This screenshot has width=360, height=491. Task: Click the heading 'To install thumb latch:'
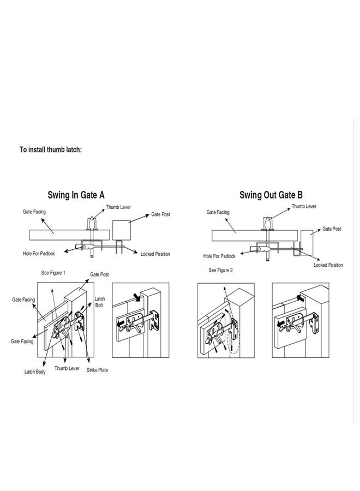pos(50,149)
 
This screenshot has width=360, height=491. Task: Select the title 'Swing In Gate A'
pos(76,195)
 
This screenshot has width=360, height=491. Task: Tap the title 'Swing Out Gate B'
pos(271,195)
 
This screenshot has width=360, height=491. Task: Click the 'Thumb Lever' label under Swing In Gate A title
pos(118,207)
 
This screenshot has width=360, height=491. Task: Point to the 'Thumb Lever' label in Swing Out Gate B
pos(304,206)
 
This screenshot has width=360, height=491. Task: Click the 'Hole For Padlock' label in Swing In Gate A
pos(39,254)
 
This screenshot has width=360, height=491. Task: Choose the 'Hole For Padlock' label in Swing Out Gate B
pos(219,256)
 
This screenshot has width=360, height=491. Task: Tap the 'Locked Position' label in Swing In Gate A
pos(155,254)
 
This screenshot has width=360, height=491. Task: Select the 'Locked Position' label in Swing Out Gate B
pos(328,265)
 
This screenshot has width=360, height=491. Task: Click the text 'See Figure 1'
pos(53,273)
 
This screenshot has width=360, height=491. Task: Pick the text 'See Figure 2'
pos(221,270)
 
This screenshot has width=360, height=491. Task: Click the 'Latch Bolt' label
pos(100,302)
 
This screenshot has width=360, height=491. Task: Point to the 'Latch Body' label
pos(35,372)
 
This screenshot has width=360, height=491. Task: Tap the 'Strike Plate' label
pos(97,370)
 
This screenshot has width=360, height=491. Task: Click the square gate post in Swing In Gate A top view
pos(122,230)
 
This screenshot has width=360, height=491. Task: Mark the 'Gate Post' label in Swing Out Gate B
pos(332,229)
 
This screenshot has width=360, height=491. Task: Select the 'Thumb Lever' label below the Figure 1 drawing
pos(67,369)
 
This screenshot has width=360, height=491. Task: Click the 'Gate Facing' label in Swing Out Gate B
pos(218,212)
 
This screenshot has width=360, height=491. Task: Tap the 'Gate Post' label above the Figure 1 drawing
pos(100,274)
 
